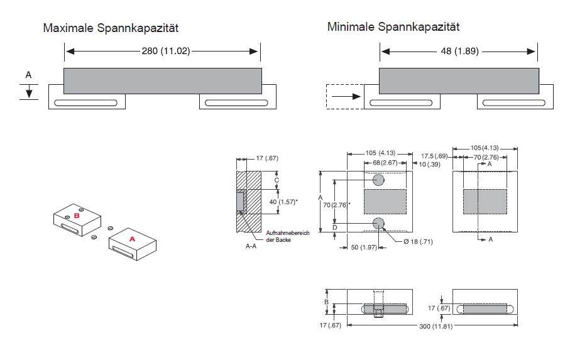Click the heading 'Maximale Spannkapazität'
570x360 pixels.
tap(111, 28)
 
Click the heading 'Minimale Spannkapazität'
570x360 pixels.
tap(393, 27)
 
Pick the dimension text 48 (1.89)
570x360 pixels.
tap(459, 51)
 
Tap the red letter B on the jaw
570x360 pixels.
tap(77, 215)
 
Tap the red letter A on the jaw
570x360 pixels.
tap(132, 239)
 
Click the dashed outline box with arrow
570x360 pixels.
tap(344, 97)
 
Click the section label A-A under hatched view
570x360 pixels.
tap(251, 247)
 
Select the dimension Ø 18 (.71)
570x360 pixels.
tap(417, 241)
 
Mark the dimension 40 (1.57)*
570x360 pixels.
tap(283, 202)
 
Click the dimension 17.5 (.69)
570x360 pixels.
tap(434, 156)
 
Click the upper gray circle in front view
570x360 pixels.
tap(378, 180)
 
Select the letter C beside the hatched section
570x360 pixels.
tap(277, 180)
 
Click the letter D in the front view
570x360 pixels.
tap(335, 227)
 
